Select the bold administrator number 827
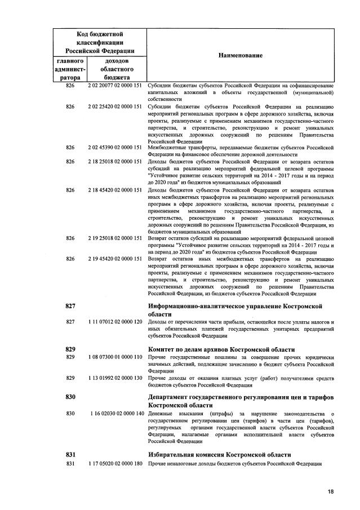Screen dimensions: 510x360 tap(70, 305)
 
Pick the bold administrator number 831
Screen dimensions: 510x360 tap(70, 454)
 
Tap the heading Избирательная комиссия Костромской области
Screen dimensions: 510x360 tap(219, 454)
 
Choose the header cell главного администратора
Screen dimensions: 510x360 tap(70, 69)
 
